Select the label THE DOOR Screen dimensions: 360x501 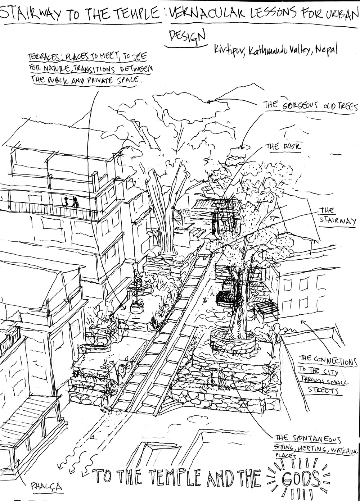283,147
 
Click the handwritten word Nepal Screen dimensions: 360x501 327,50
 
